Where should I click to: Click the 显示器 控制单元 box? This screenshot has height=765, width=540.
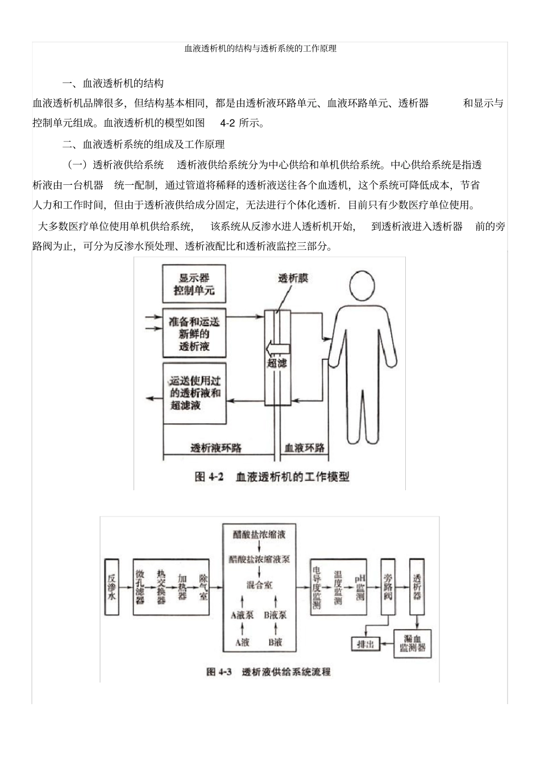click(194, 284)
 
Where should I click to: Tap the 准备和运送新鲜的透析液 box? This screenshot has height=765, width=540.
click(194, 334)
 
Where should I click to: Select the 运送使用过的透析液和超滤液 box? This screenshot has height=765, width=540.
click(194, 393)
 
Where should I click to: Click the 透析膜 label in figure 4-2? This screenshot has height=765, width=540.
click(293, 278)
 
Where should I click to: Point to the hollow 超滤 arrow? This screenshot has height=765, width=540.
click(277, 346)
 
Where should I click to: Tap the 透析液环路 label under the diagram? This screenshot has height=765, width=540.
click(216, 448)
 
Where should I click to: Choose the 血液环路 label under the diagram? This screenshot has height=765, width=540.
click(305, 448)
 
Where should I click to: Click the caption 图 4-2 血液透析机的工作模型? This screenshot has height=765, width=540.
click(272, 477)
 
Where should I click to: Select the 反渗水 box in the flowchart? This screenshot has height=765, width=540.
click(112, 587)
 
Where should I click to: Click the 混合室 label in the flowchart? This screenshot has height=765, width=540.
click(259, 585)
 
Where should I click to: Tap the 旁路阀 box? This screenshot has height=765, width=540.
click(388, 587)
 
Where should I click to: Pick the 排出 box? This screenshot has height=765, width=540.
click(365, 644)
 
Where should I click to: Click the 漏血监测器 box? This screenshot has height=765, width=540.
click(413, 643)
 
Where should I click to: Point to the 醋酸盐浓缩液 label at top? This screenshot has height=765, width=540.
click(259, 535)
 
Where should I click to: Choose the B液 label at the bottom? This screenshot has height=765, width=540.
click(275, 642)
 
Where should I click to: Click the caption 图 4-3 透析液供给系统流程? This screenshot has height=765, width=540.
click(268, 672)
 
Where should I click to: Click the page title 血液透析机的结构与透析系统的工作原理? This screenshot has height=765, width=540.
click(260, 49)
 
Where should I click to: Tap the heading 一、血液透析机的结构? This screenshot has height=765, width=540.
click(113, 84)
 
